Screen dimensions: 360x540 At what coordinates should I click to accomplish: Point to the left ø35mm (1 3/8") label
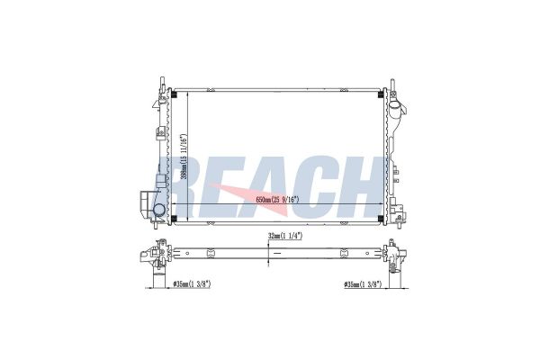pyautogui.click(x=193, y=285)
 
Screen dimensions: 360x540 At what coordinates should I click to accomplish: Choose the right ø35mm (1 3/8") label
pyautogui.click(x=364, y=285)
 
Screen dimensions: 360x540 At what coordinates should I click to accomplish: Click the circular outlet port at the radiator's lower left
pyautogui.click(x=159, y=211)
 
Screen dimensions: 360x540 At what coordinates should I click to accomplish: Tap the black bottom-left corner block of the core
pyautogui.click(x=175, y=217)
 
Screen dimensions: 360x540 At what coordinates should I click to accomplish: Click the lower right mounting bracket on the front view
pyautogui.click(x=396, y=216)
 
